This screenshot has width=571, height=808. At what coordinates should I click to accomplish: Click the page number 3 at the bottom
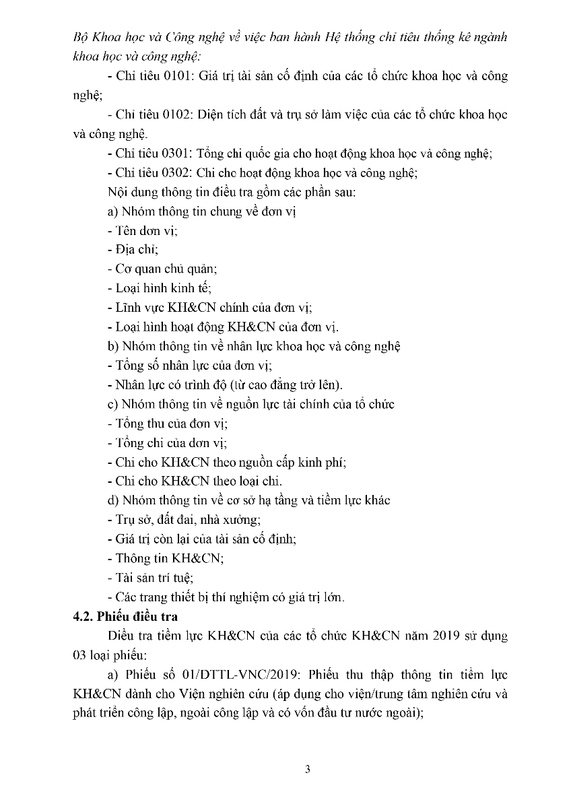[x=308, y=770]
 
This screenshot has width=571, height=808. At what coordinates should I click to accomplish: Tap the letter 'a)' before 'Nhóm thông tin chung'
[x=113, y=211]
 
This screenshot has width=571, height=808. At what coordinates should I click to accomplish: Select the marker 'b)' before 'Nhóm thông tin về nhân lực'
[x=113, y=347]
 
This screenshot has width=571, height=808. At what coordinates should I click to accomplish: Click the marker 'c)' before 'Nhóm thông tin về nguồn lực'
[x=113, y=405]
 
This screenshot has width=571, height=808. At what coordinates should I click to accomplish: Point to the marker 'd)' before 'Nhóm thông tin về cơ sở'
[x=113, y=500]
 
